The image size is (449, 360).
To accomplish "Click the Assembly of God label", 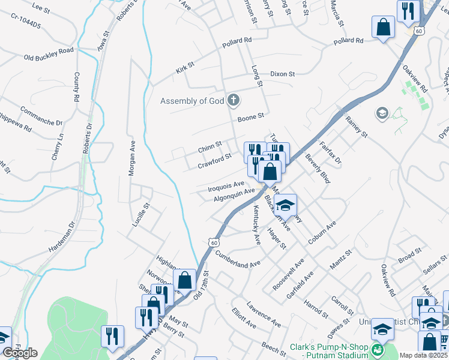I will (x=191, y=101).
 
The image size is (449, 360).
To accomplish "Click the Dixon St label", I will (x=282, y=74).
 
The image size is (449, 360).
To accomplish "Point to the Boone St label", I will (x=251, y=116).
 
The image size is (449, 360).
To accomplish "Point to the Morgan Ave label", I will (x=131, y=162).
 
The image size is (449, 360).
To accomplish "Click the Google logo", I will (x=20, y=353).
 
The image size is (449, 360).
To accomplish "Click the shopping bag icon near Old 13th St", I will (x=184, y=279).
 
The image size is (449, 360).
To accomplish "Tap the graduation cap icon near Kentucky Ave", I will (x=286, y=205).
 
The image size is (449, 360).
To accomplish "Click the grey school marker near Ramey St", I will (x=381, y=112).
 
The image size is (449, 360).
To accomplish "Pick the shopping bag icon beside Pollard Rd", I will (x=383, y=27).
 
